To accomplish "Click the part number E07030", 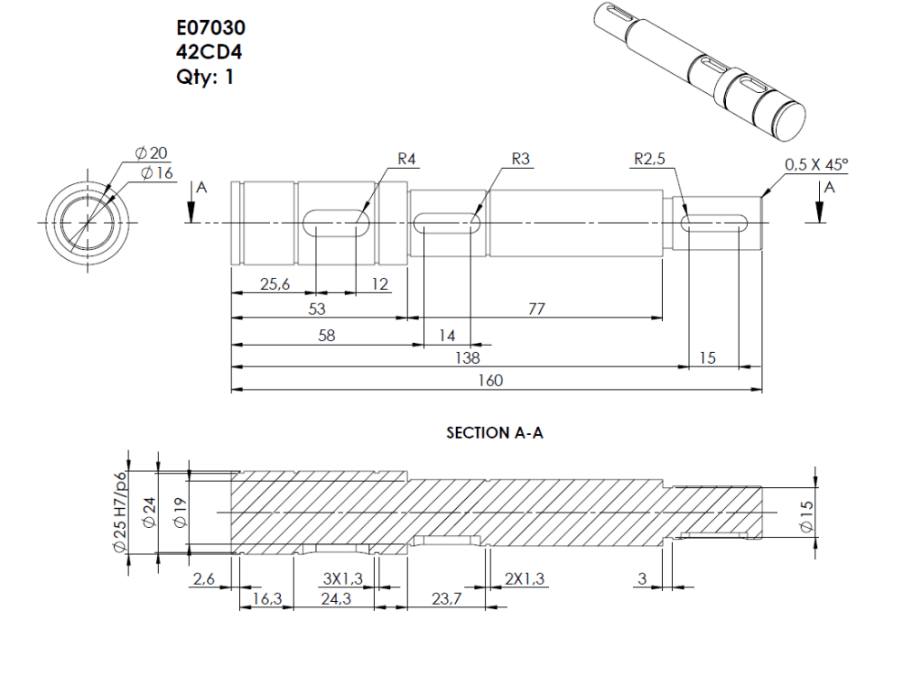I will [210, 30].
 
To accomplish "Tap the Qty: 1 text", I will [205, 77].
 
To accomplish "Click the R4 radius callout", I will [407, 159].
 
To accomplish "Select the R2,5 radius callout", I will [650, 159].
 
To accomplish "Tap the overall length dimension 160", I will [490, 380].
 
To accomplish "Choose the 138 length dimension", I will [467, 358].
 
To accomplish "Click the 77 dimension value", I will [536, 310].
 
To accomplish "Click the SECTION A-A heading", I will [494, 433].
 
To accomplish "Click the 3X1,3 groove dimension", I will [343, 579].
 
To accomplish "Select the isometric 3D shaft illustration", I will [698, 68].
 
